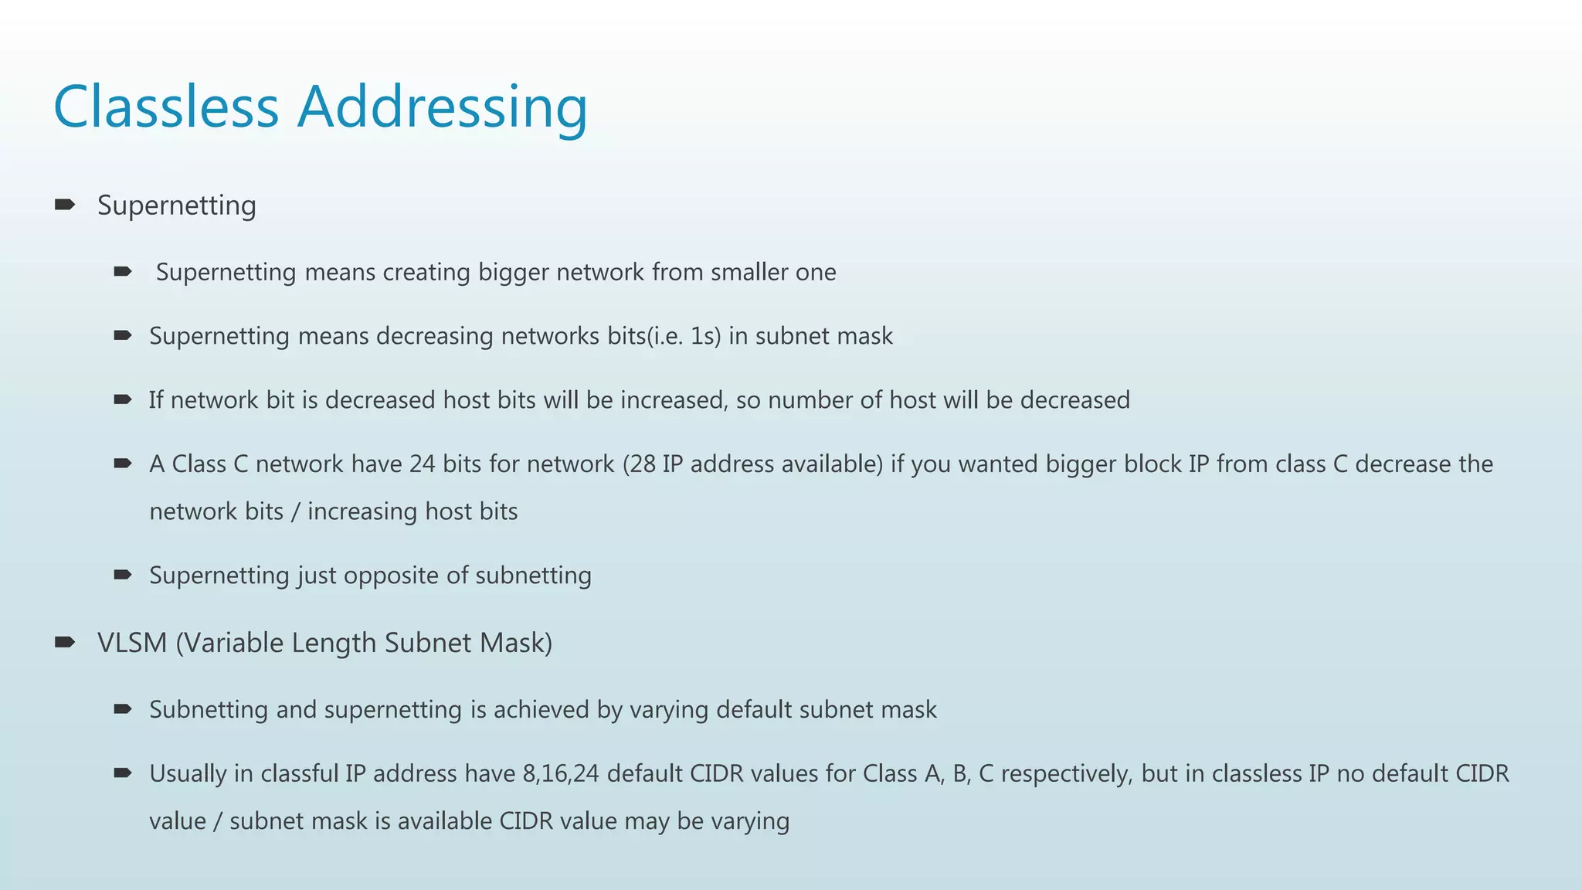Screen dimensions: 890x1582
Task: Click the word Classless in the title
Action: [x=165, y=107]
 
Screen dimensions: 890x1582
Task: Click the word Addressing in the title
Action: [x=443, y=108]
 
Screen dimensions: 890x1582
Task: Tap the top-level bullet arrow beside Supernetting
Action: [x=65, y=205]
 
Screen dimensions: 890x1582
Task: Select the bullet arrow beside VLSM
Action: [x=65, y=642]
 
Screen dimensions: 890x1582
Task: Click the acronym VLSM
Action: [x=132, y=643]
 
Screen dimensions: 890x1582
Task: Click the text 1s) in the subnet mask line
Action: [x=705, y=336]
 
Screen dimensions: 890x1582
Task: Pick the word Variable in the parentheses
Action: [x=234, y=643]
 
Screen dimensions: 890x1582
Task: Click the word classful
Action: [x=299, y=774]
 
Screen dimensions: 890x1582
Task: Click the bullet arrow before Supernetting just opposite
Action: [x=123, y=575]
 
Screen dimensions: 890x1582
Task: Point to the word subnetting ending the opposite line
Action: [x=533, y=576]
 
